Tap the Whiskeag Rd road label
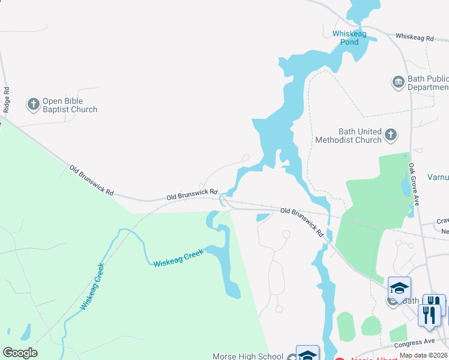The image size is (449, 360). [x=414, y=37]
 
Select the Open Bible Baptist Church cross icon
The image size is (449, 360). [x=33, y=105]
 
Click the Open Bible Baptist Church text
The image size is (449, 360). [x=70, y=105]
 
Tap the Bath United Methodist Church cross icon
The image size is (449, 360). [x=391, y=135]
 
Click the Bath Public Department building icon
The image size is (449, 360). [x=398, y=82]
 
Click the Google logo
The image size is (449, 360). [x=20, y=353]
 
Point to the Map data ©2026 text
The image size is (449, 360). [x=424, y=355]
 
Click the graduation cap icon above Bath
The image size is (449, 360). [x=399, y=289]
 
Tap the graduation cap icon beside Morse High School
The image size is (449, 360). [x=307, y=354]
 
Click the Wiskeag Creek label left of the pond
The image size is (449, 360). [x=178, y=259]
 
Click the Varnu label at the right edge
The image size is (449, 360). [x=438, y=178]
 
